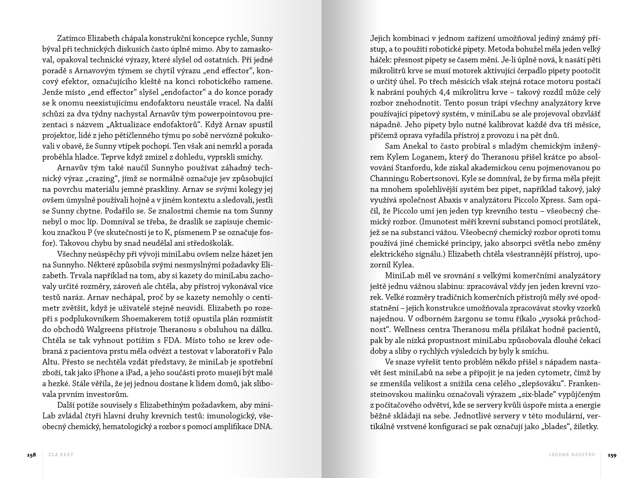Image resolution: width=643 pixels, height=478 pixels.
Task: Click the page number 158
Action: (31, 455)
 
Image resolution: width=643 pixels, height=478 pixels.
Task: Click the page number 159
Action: (611, 455)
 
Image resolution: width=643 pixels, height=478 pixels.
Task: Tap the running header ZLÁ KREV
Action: (61, 455)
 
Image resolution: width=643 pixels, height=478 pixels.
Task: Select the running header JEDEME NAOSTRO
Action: (572, 455)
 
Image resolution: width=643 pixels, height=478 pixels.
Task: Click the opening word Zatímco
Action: (71, 39)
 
